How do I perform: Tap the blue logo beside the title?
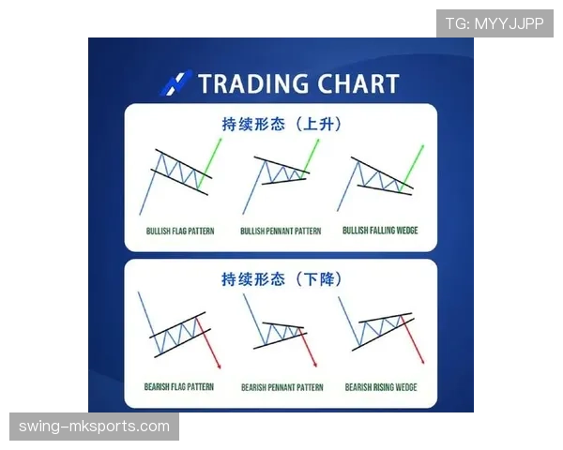176,82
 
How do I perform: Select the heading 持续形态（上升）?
281,123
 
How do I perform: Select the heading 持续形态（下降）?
281,278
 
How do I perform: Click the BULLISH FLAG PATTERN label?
179,231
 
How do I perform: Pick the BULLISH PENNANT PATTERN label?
281,231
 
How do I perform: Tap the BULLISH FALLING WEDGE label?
380,231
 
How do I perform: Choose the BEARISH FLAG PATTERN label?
179,386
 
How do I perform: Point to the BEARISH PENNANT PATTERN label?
281,386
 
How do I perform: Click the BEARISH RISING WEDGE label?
381,386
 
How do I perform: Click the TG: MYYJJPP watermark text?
495,23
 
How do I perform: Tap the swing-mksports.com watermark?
94,427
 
